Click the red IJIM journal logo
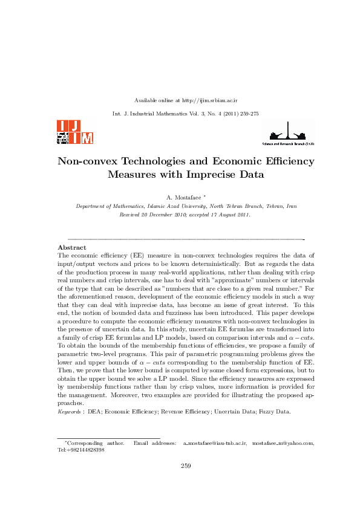(x=75, y=132)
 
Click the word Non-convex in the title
(x=87, y=161)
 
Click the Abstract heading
(x=71, y=247)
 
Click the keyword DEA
(x=94, y=412)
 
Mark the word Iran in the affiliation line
(x=290, y=206)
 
